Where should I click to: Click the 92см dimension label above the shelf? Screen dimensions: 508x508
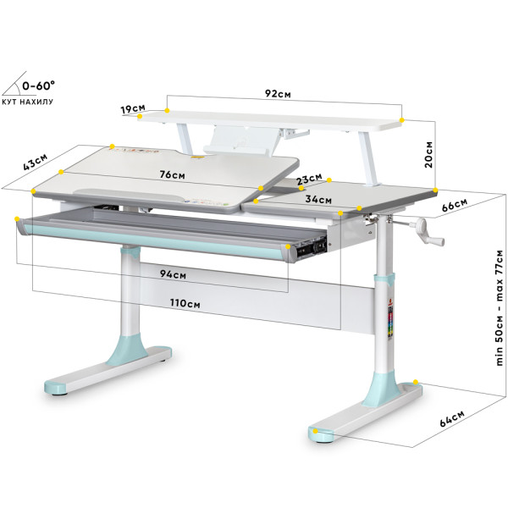tap(278, 94)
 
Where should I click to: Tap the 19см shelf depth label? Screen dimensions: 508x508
tap(133, 109)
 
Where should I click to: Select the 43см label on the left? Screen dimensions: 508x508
tap(35, 162)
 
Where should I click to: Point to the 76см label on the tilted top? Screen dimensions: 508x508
tap(173, 174)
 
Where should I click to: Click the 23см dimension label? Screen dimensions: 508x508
tap(310, 179)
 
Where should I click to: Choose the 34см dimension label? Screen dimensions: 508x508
tap(318, 199)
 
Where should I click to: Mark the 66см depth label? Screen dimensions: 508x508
tap(455, 205)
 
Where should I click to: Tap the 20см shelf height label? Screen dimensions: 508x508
tap(428, 155)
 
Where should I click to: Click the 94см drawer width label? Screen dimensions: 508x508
tap(173, 274)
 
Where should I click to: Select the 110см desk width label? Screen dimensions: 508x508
tap(185, 303)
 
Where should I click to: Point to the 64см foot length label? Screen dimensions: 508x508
tap(452, 418)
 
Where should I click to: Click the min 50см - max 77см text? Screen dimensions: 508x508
tap(500, 308)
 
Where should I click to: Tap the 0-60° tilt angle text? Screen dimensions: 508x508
tap(38, 86)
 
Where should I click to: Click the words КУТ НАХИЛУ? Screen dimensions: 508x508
tap(28, 102)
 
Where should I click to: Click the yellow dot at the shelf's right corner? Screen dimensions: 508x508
tap(402, 120)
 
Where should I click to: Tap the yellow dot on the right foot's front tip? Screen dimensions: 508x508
tap(315, 431)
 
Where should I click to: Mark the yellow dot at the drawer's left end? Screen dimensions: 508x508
tap(17, 218)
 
